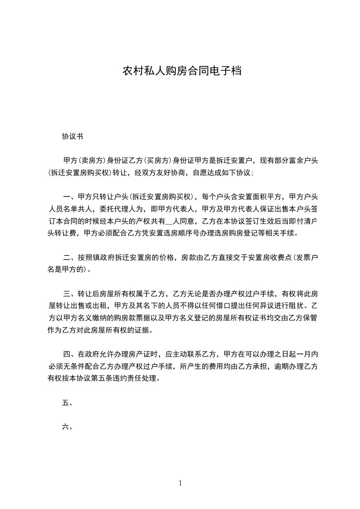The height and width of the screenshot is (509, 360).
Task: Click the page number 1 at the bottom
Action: pyautogui.click(x=180, y=484)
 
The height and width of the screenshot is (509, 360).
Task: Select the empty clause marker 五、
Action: pyautogui.click(x=67, y=402)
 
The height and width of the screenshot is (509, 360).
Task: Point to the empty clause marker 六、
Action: pyautogui.click(x=67, y=427)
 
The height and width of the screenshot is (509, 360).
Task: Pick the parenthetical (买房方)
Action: pyautogui.click(x=158, y=161)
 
